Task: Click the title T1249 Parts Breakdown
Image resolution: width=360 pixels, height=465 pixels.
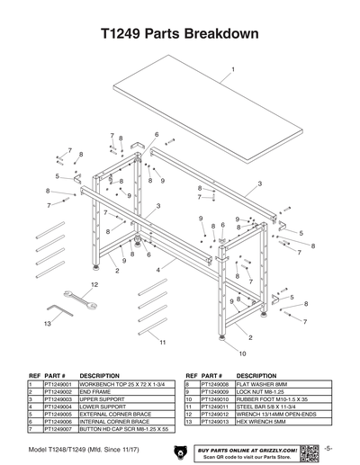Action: tap(180, 33)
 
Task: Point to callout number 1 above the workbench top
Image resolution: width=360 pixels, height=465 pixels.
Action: tap(233, 69)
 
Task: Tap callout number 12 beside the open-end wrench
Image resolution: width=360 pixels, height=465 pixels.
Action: tap(93, 285)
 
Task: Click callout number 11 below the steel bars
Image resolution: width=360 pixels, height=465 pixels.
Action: tap(162, 344)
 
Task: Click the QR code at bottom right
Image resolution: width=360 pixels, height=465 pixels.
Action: tap(310, 452)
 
